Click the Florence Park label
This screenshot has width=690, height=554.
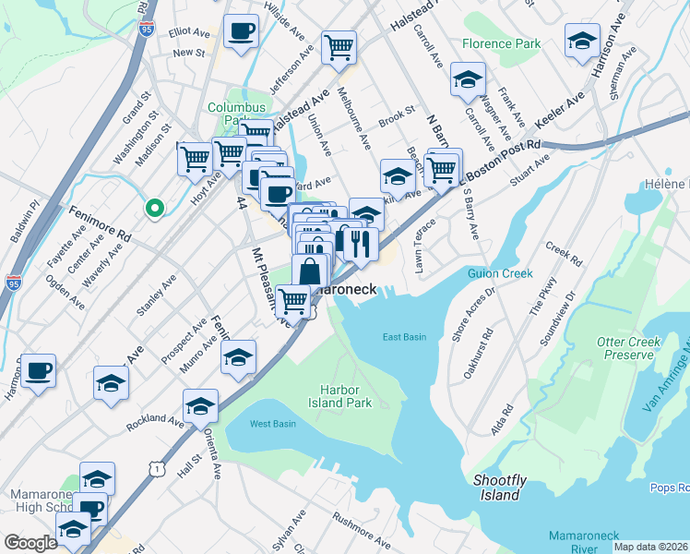tap(501, 43)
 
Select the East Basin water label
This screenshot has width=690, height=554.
tap(404, 337)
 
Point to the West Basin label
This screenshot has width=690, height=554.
tap(272, 424)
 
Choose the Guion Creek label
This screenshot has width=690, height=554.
tap(504, 274)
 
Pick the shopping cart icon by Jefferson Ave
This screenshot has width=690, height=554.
tap(339, 45)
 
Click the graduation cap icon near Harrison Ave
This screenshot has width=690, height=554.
tap(582, 41)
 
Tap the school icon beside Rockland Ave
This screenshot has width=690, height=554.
tap(200, 405)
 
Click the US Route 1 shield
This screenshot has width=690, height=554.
tap(159, 470)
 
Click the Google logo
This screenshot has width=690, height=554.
tap(30, 543)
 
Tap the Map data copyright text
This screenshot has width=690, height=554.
tap(650, 547)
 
